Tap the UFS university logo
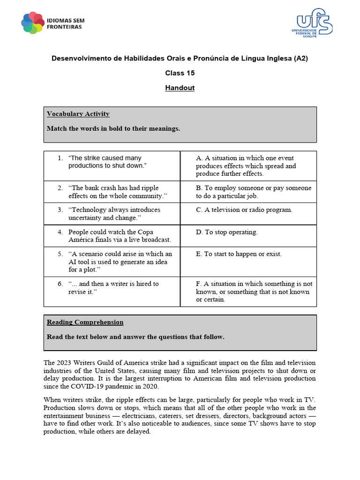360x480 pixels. [315, 22]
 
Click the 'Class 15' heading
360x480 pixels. [180, 73]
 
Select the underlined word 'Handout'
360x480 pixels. [180, 88]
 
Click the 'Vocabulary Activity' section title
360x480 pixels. [78, 114]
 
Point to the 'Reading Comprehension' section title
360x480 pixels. [85, 322]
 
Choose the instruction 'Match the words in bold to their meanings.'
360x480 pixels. [113, 128]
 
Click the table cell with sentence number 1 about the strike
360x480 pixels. [112, 162]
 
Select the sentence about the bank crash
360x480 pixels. [117, 192]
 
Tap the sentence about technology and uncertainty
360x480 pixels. [114, 213]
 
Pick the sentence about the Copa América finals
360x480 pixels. [119, 236]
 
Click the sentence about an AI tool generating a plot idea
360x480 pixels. [120, 262]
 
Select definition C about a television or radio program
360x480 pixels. [244, 210]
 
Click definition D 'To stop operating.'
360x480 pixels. [227, 232]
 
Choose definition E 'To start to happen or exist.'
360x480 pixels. [239, 254]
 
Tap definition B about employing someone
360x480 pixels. [253, 192]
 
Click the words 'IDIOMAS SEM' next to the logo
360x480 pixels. [66, 20]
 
